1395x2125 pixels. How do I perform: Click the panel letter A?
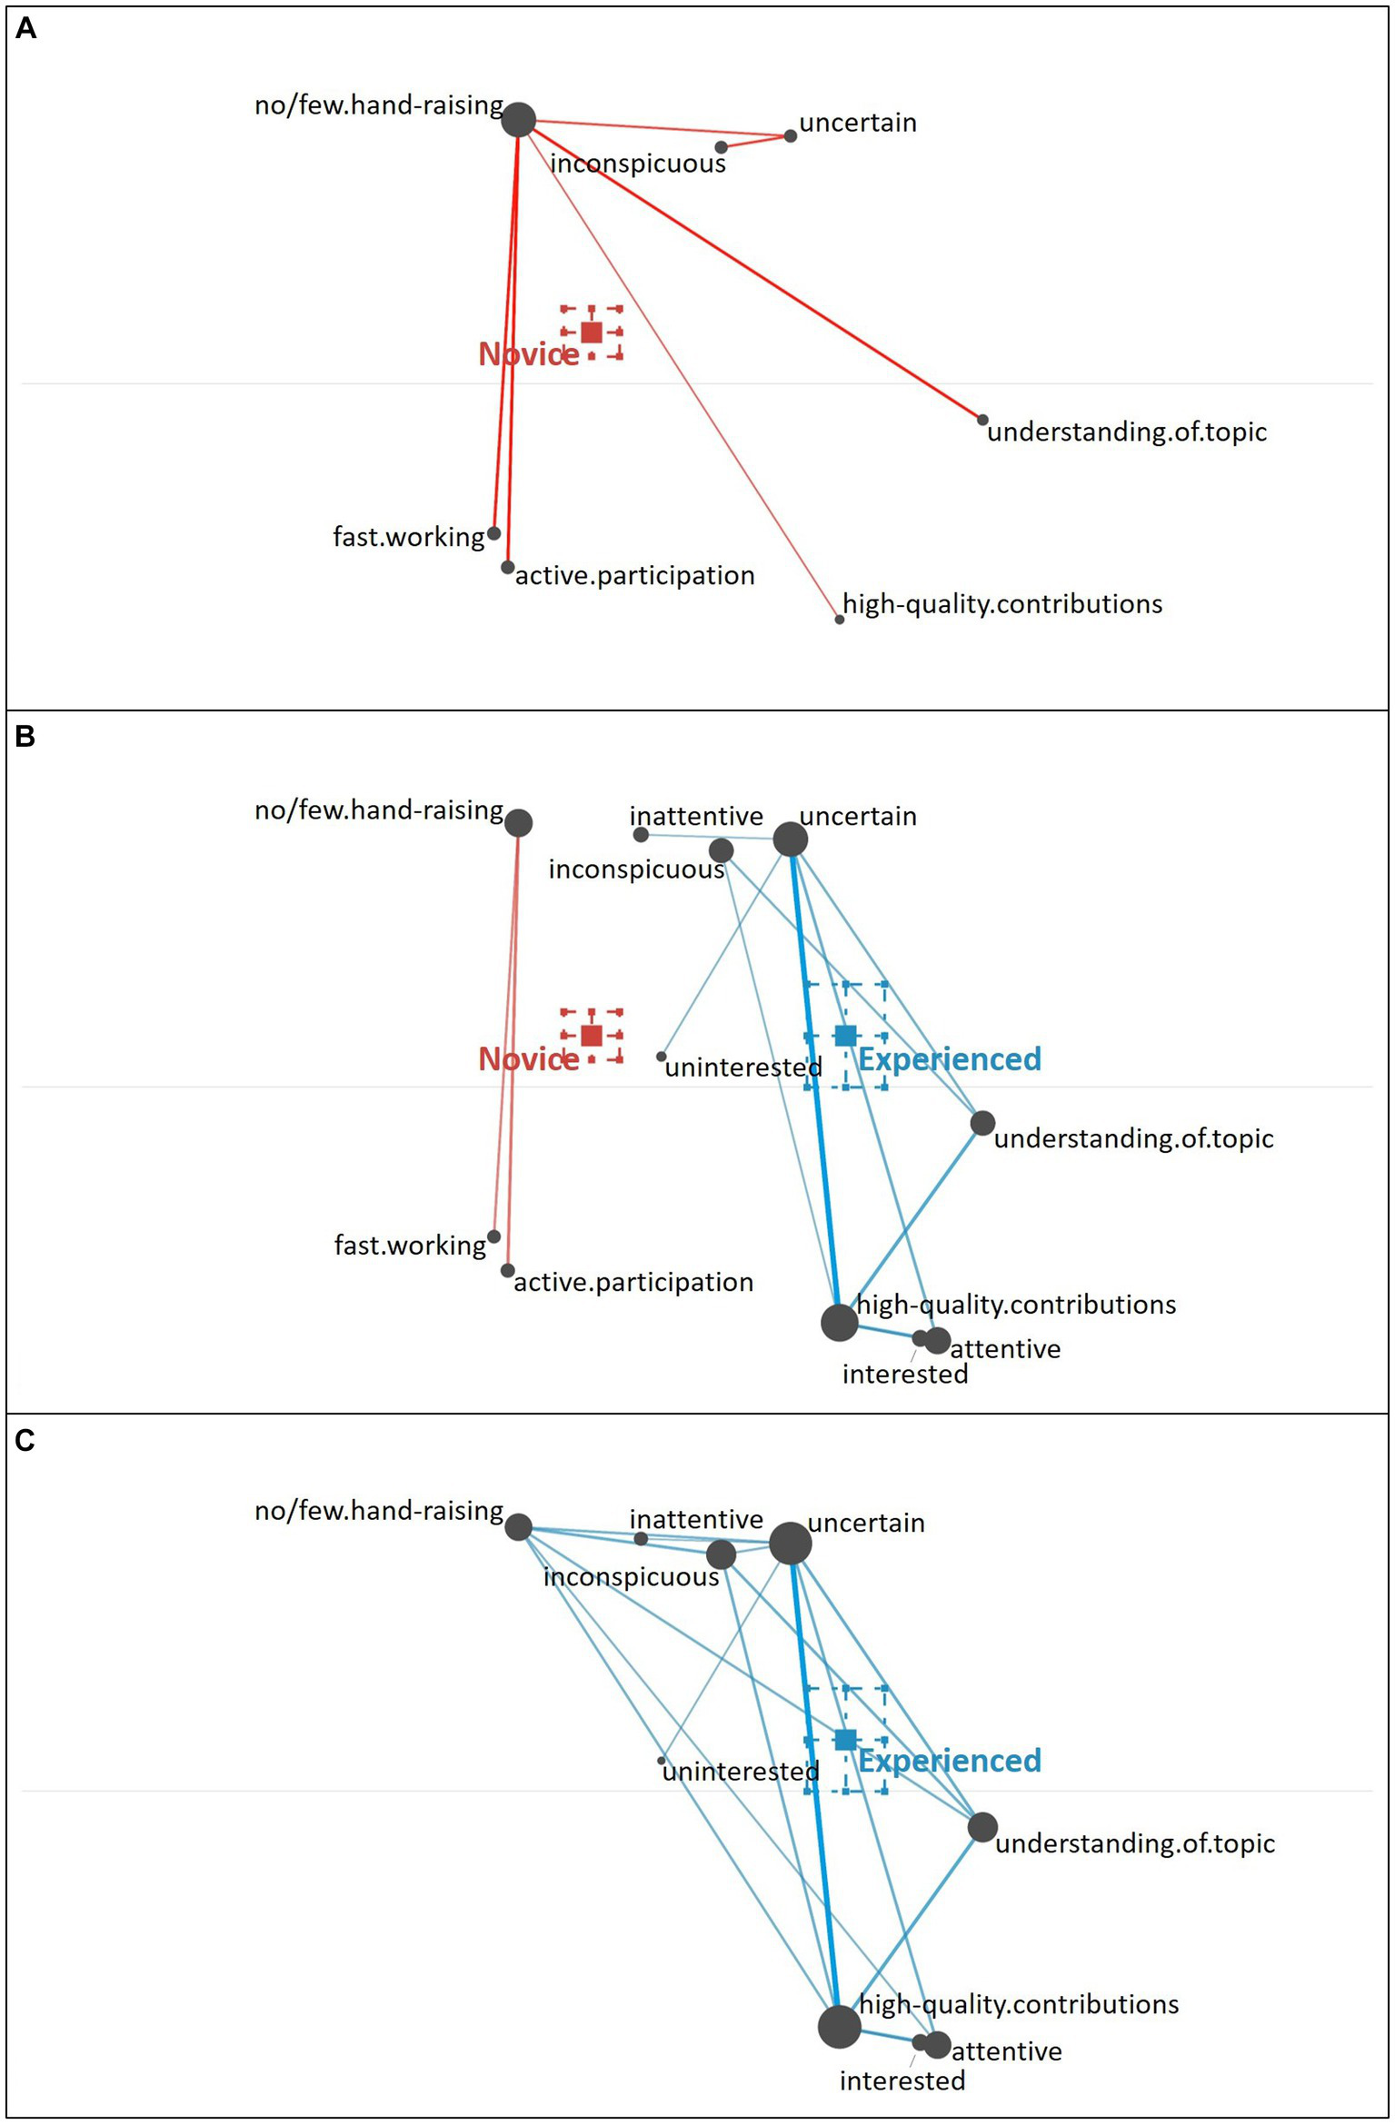(x=26, y=29)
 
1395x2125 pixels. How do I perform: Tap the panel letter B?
(x=25, y=735)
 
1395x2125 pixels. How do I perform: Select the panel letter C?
(x=25, y=1440)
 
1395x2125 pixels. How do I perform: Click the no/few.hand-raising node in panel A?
(x=518, y=119)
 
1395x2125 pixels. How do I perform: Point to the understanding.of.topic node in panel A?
(x=982, y=420)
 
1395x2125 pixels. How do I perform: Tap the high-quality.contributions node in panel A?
(x=839, y=620)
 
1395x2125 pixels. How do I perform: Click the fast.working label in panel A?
(x=408, y=537)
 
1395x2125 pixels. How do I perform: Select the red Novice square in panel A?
(x=591, y=332)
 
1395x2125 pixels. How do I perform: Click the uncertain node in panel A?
(x=790, y=135)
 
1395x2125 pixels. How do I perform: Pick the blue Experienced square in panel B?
(x=845, y=1035)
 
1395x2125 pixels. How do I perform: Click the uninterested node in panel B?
(x=661, y=1057)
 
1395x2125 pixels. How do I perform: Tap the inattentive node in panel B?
(x=641, y=834)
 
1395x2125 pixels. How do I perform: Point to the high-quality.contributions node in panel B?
(x=839, y=1322)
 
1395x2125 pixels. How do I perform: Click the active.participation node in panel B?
(x=507, y=1270)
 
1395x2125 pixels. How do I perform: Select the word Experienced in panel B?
(x=950, y=1059)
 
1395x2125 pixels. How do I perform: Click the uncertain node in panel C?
(x=790, y=1543)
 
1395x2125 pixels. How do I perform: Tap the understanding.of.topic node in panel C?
(x=982, y=1827)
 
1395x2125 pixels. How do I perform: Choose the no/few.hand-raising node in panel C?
(x=518, y=1526)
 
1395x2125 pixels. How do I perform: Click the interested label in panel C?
(x=902, y=2080)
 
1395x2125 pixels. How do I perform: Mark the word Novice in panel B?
(x=528, y=1059)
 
